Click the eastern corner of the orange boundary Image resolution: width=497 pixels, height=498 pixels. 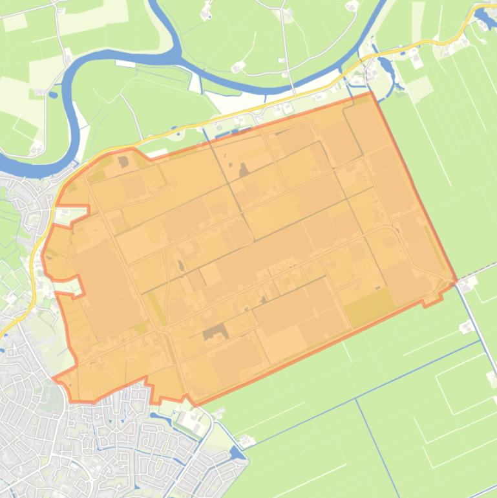(456, 281)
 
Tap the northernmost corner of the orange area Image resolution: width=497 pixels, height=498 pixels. (371, 92)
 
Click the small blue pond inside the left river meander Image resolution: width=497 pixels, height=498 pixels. (54, 94)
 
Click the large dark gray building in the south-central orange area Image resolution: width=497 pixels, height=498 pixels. (215, 332)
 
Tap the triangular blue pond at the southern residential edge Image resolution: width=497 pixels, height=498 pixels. (237, 453)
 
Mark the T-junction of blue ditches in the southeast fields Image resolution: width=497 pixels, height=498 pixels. (356, 399)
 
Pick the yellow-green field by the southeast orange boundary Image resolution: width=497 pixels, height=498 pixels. (370, 307)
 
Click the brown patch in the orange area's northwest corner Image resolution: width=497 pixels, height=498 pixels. (123, 162)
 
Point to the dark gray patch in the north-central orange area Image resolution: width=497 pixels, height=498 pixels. (244, 170)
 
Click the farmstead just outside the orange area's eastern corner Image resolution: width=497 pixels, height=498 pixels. (467, 283)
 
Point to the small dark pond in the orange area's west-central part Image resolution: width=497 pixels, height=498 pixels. (180, 266)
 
